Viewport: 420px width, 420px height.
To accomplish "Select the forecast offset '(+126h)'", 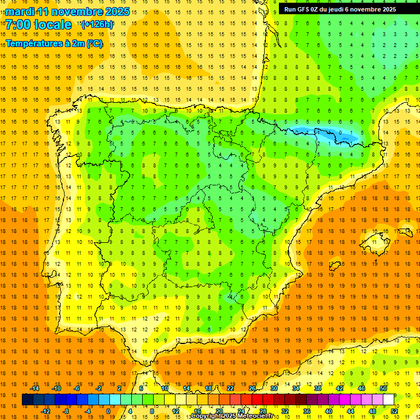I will (97, 24).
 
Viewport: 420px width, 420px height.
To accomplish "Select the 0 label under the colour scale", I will (108, 411).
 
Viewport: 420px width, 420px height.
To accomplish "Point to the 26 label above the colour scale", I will (252, 388).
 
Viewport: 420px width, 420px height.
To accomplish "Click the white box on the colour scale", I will (388, 400).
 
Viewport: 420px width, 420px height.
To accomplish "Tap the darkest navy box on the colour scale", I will (27, 400).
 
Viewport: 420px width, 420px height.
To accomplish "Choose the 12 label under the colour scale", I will (175, 411).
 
